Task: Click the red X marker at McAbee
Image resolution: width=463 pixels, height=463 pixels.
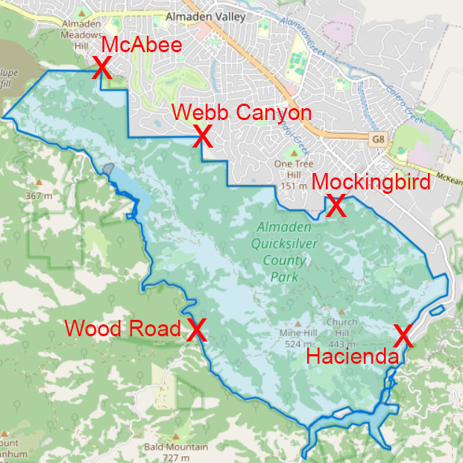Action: tap(102, 69)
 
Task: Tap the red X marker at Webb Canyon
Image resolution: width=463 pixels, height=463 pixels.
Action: tap(202, 136)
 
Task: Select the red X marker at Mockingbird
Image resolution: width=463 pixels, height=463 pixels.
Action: tap(336, 206)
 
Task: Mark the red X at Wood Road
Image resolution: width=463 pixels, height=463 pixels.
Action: tap(196, 330)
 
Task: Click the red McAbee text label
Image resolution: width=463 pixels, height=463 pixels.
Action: tap(142, 45)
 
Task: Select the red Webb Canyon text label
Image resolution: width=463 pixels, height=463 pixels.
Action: tap(241, 113)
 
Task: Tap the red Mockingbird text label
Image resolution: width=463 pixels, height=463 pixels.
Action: tap(371, 182)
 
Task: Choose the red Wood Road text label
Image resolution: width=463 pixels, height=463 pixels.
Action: tap(123, 329)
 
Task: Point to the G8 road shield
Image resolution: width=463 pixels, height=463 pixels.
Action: tap(379, 139)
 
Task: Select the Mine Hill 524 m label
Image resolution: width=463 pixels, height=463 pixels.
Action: tap(295, 338)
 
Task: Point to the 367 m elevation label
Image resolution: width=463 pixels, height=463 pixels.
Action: tap(39, 195)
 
